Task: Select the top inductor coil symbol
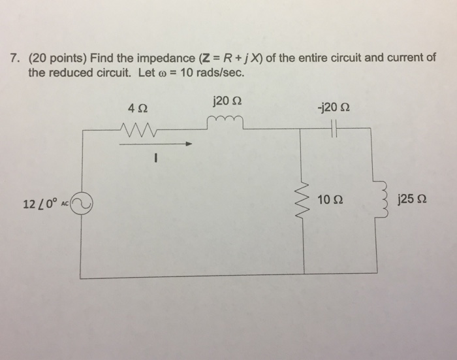pyautogui.click(x=225, y=122)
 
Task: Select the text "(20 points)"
pyautogui.click(x=56, y=58)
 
